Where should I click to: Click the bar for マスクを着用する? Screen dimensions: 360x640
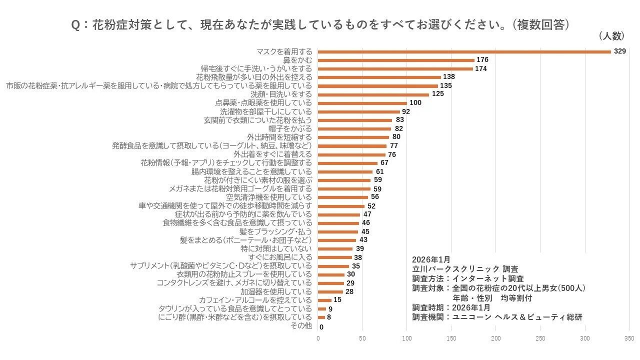tap(464, 51)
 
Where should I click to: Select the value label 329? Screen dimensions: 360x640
tap(619, 51)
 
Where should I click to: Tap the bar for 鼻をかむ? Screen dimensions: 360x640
tap(396, 60)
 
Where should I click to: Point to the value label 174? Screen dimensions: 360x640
tap(481, 68)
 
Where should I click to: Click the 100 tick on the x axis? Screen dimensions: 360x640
tap(407, 338)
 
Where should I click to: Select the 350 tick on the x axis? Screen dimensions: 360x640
tap(629, 338)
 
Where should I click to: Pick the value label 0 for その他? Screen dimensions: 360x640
tap(321, 327)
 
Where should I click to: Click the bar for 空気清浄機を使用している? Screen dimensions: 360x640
tap(343, 197)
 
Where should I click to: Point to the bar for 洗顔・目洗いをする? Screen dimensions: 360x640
tap(373, 94)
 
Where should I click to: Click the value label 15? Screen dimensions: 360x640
tap(337, 300)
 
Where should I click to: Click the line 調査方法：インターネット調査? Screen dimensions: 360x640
tap(468, 278)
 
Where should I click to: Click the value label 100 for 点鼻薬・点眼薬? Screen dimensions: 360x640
tap(415, 103)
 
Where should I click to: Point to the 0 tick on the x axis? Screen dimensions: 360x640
tap(318, 338)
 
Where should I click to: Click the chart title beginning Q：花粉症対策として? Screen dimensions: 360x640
tap(320, 25)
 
